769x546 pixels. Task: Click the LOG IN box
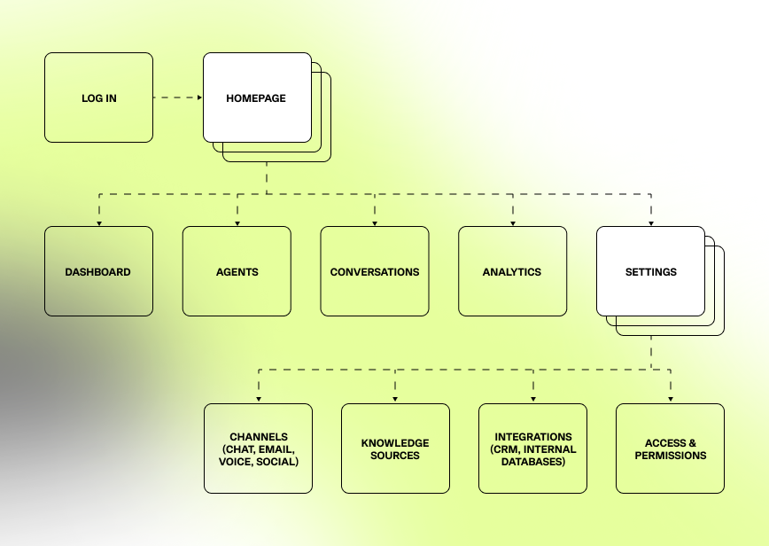click(98, 97)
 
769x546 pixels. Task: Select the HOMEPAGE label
click(256, 98)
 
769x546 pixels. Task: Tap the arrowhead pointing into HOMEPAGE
click(198, 97)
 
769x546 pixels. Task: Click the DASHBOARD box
click(98, 272)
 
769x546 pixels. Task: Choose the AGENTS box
click(237, 272)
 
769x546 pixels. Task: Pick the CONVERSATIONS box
click(375, 272)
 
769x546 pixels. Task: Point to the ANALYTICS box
click(512, 272)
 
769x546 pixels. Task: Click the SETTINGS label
click(650, 272)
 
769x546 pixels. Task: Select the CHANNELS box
click(259, 448)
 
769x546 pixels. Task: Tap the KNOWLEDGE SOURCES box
click(395, 448)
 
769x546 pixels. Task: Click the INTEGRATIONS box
click(532, 448)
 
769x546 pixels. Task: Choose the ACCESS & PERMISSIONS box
click(670, 448)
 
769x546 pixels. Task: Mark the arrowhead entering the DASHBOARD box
click(98, 222)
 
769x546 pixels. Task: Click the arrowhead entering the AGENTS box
click(237, 222)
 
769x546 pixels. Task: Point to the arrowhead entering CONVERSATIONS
click(375, 222)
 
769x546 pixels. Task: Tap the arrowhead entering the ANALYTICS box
click(512, 222)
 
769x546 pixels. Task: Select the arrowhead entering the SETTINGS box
click(650, 222)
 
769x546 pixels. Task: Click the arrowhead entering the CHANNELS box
click(259, 400)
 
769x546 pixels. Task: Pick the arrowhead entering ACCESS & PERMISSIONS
click(670, 400)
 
